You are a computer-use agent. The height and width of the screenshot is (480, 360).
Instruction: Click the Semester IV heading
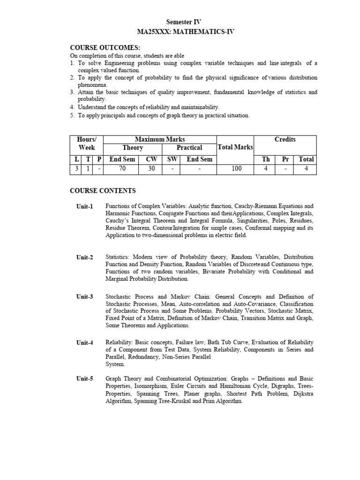[x=184, y=22]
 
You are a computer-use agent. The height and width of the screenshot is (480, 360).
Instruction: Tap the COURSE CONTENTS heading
[x=103, y=191]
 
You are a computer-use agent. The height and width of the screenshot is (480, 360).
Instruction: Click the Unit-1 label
[x=85, y=206]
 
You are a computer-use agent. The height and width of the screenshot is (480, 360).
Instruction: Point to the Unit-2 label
[x=85, y=257]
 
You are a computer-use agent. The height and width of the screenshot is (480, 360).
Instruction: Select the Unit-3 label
[x=85, y=297]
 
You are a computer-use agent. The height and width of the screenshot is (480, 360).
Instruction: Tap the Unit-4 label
[x=85, y=343]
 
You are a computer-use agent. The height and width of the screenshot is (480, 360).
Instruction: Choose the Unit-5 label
[x=85, y=379]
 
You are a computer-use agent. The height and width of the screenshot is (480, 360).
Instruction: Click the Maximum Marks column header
[x=160, y=139]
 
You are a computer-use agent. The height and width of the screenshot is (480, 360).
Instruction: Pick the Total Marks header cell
[x=235, y=148]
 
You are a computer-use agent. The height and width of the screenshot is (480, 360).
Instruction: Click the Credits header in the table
[x=285, y=139]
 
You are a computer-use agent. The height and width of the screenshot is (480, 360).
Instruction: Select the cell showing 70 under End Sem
[x=122, y=169]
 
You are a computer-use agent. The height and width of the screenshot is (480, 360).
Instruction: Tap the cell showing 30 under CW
[x=151, y=169]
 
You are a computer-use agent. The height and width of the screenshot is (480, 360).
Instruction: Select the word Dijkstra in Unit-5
[x=304, y=394]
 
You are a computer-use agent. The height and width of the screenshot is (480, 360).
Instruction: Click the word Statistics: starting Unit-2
[x=118, y=257]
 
